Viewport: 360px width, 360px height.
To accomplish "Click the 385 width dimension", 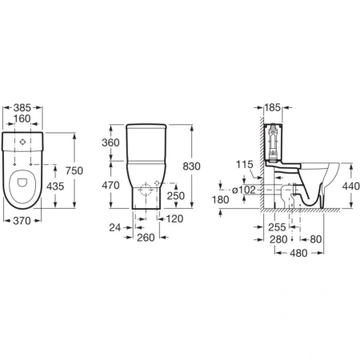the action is pos(22,108).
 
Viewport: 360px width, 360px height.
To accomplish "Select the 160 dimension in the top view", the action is pos(22,118).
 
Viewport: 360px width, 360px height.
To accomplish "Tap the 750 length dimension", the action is pos(74,170).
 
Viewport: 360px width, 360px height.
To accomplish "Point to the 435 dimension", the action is pos(55,186).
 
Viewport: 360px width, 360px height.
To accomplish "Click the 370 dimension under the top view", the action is pos(22,221).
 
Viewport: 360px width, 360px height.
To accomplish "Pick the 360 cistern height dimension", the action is pos(110,142).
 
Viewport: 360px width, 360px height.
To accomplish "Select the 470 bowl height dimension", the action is pos(110,185).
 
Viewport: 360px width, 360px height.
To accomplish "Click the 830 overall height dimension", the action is pos(191,166).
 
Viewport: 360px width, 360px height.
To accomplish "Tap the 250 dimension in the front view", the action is pos(176,196).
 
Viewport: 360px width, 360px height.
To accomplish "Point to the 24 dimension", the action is pos(115,227).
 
